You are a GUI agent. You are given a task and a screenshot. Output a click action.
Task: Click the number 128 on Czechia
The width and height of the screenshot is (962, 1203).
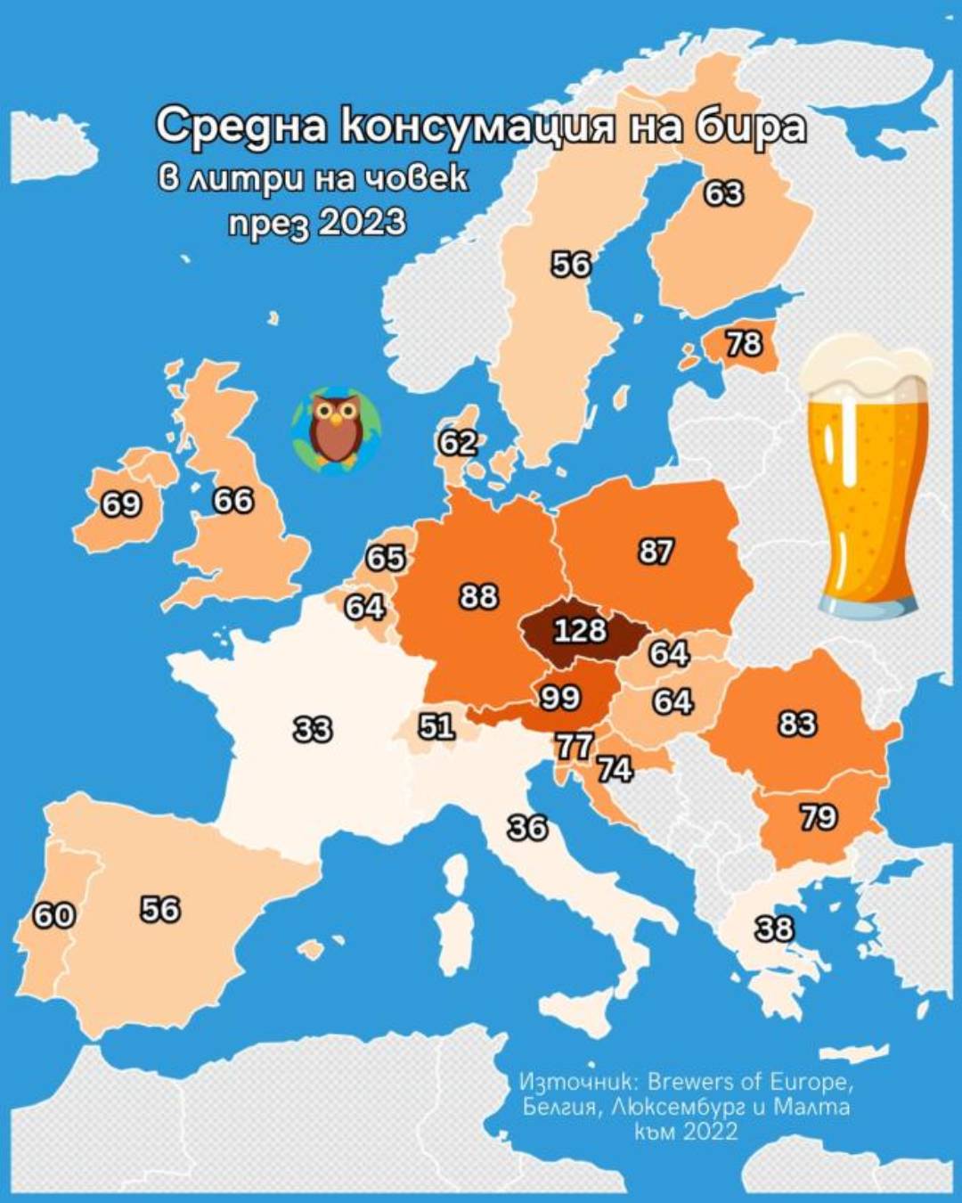[580, 630]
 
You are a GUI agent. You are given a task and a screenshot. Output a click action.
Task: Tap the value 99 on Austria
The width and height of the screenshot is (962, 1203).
[560, 697]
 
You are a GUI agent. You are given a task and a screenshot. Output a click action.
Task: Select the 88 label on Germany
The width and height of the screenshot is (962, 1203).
[478, 595]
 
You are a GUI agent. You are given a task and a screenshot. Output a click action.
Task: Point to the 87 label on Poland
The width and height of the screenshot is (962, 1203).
[656, 552]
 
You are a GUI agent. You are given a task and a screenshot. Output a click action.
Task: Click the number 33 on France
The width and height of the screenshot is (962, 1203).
[313, 730]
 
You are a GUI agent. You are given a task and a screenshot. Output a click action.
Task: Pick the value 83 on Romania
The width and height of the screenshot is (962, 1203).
[797, 724]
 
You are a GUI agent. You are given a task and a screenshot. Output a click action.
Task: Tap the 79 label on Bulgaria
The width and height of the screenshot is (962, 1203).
[819, 816]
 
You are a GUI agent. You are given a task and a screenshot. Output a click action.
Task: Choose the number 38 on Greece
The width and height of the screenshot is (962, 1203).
[774, 929]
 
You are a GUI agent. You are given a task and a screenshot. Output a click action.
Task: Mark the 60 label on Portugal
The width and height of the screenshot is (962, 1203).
[53, 914]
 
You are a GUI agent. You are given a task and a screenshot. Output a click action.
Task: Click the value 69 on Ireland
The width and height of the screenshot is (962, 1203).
[121, 504]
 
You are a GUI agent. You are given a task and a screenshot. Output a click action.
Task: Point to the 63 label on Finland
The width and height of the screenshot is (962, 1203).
[723, 192]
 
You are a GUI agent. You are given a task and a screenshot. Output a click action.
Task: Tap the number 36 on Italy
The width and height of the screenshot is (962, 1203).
[527, 828]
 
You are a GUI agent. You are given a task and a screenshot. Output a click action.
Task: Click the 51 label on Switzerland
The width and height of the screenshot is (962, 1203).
[436, 726]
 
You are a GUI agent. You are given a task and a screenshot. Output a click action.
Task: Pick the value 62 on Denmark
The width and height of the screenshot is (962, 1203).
[458, 442]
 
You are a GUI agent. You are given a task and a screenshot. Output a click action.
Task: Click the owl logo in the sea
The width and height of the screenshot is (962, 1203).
[336, 430]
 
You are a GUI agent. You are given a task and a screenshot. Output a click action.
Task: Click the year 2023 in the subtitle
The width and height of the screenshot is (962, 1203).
[361, 221]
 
